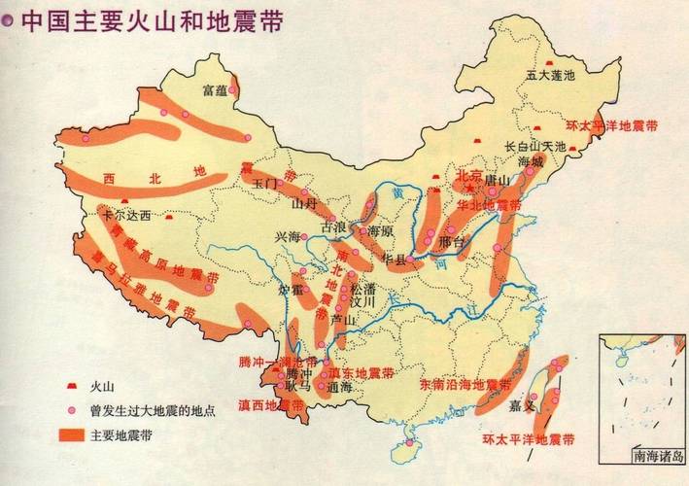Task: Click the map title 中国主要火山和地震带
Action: pyautogui.click(x=151, y=20)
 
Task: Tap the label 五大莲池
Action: pyautogui.click(x=550, y=74)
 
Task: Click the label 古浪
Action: pyautogui.click(x=333, y=227)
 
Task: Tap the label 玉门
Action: pyautogui.click(x=265, y=183)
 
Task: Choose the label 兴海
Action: pyautogui.click(x=288, y=236)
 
